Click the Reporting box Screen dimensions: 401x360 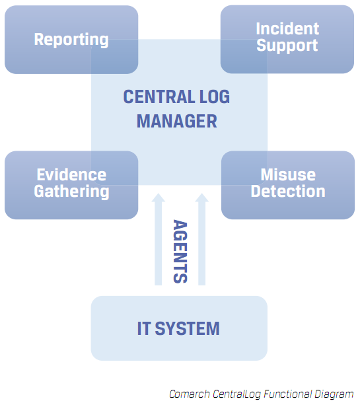(x=71, y=40)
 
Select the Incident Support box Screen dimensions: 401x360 (x=287, y=38)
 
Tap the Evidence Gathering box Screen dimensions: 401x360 (x=71, y=184)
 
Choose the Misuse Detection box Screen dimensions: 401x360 (x=287, y=184)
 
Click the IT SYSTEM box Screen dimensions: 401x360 (x=178, y=328)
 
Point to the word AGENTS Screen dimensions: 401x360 (x=179, y=251)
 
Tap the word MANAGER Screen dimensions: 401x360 (x=176, y=122)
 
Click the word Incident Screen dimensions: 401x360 (x=287, y=29)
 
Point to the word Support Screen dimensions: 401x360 (x=287, y=46)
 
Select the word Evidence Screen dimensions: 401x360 (x=71, y=175)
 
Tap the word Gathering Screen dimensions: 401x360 (x=71, y=192)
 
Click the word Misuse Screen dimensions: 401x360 (x=287, y=175)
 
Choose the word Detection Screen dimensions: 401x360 (x=287, y=192)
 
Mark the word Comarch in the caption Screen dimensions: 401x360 (x=189, y=394)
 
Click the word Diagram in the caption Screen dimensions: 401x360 (x=334, y=394)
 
